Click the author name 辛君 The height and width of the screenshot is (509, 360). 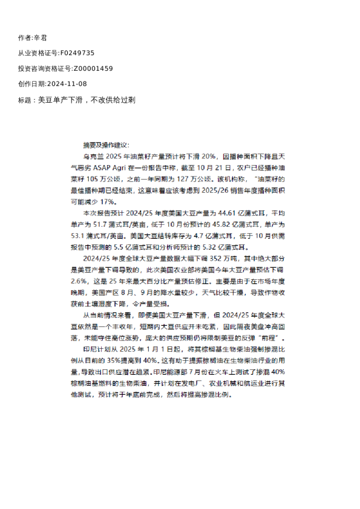[42, 37]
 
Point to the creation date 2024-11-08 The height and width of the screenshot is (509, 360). [67, 84]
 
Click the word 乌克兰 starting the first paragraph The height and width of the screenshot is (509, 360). [91, 156]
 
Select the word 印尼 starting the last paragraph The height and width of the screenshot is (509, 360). [88, 349]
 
